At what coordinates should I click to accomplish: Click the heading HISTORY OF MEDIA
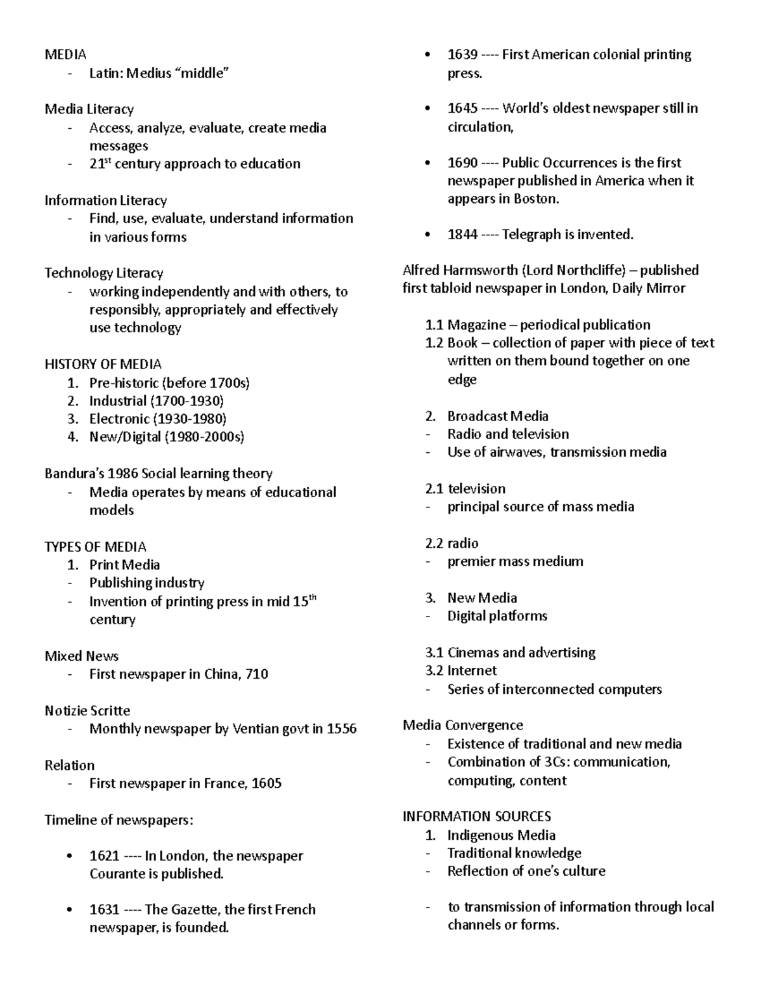click(x=103, y=364)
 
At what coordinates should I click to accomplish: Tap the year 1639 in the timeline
click(x=462, y=55)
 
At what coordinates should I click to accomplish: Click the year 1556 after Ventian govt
click(x=341, y=729)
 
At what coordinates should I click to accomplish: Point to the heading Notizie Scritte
click(x=87, y=710)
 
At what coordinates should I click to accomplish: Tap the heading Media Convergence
click(x=462, y=725)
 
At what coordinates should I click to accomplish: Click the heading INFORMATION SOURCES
click(x=476, y=816)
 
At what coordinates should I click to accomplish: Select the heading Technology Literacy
click(x=103, y=273)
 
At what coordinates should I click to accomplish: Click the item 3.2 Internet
click(x=461, y=670)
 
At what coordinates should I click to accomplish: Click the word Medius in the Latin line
click(x=148, y=74)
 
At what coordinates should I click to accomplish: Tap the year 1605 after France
click(x=266, y=783)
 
